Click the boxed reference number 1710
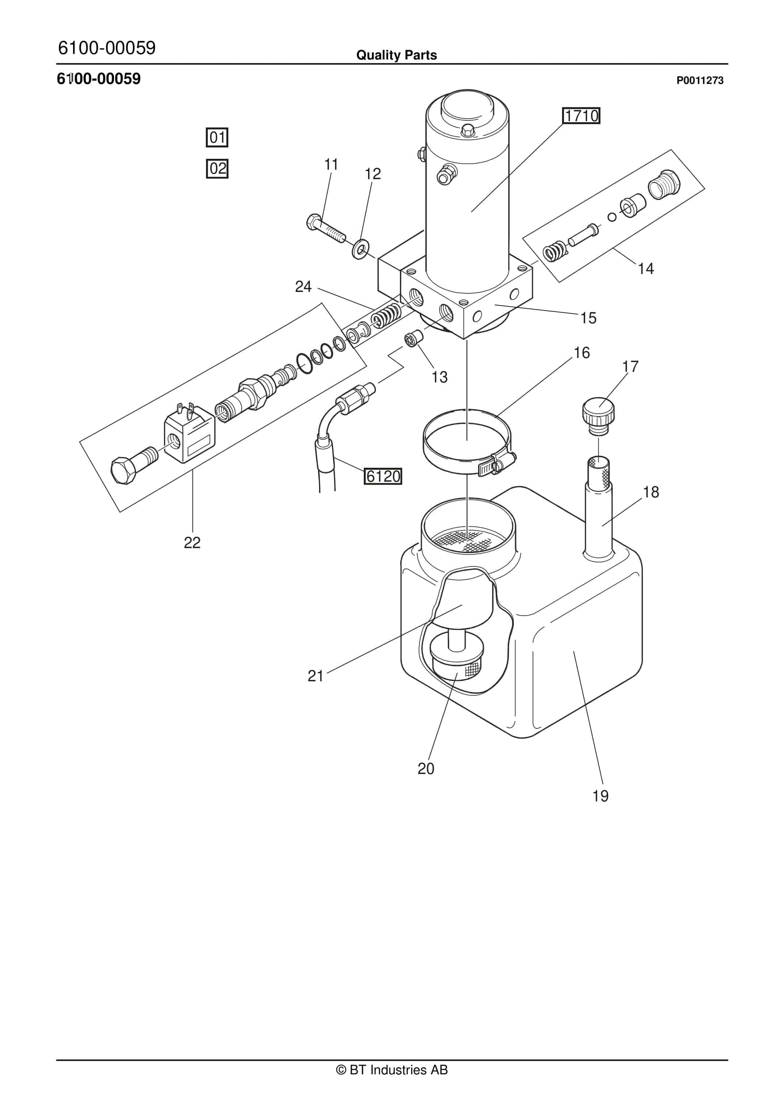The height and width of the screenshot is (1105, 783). click(x=581, y=116)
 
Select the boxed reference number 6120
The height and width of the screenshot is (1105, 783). click(x=383, y=476)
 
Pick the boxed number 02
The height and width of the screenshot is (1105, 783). click(x=217, y=169)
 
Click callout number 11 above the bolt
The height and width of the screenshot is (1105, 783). click(x=331, y=164)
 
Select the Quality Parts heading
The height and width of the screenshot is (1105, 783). click(x=396, y=55)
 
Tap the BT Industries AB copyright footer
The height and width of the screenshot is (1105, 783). click(x=392, y=1070)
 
